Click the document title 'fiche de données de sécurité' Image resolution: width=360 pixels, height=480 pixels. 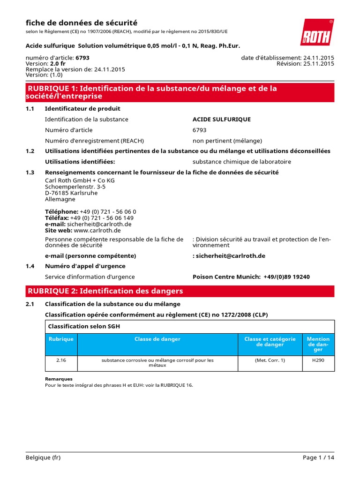point(82,22)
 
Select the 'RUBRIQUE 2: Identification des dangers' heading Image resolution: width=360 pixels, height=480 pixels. point(105,291)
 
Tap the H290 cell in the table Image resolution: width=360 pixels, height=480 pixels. point(318,360)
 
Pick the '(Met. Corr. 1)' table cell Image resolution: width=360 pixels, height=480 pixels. point(270,360)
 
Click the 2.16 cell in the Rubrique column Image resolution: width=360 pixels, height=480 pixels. point(61,360)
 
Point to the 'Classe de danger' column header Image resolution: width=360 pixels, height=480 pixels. point(157,339)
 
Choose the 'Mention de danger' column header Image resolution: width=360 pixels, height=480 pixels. point(318,344)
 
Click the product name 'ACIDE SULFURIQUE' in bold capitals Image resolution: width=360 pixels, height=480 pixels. point(222,120)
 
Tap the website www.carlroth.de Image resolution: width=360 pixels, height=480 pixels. point(97,231)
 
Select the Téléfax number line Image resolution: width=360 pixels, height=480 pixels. point(89,218)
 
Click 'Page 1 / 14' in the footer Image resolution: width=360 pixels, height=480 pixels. point(318,458)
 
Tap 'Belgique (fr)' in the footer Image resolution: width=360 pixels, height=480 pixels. point(43,458)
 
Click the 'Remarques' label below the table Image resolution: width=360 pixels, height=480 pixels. point(59,379)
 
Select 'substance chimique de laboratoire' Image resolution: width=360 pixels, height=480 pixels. point(241,162)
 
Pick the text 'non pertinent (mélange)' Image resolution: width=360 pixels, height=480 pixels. point(227,141)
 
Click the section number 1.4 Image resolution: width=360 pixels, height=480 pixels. point(30,266)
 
